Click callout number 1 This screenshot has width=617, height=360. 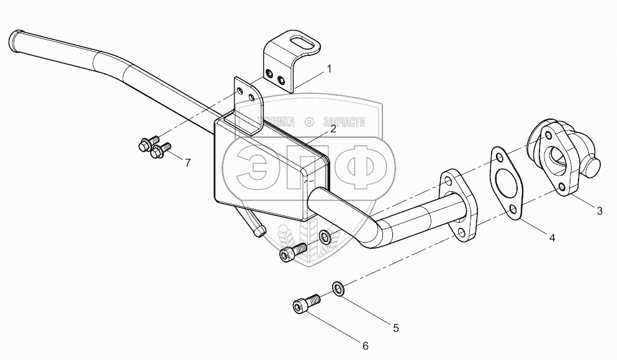pos(330,69)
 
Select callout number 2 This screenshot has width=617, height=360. pos(333,129)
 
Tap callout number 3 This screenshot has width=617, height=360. pos(600,211)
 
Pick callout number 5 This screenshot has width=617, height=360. pos(395,327)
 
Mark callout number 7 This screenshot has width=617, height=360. pos(186,163)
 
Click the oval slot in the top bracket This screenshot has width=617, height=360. pos(304,45)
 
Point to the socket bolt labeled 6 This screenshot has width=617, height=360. pos(305,304)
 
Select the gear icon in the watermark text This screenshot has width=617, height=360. pos(310,122)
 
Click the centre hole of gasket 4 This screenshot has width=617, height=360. pos(507,184)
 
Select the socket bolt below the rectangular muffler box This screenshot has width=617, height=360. pos(293,251)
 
